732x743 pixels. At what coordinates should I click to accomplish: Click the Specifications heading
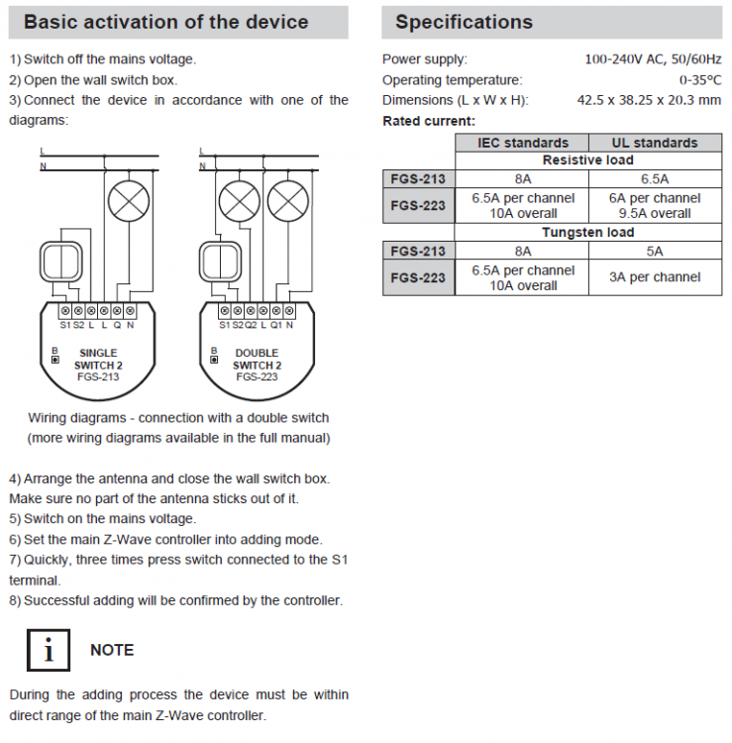point(464,22)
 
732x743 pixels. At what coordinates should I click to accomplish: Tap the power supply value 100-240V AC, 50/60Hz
point(653,59)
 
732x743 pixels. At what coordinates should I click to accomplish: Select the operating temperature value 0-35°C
point(699,79)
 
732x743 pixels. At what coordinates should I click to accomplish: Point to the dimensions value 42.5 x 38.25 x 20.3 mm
point(649,100)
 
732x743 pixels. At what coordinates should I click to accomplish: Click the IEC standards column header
point(523,143)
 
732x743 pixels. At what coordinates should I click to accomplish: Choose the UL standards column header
point(655,143)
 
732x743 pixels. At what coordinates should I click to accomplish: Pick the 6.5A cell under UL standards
point(655,179)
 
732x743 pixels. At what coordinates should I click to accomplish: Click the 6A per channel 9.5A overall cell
point(655,206)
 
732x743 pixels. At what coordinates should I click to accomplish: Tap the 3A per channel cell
point(655,277)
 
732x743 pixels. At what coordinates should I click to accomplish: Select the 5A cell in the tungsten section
point(655,252)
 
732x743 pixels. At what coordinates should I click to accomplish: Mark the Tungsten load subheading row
point(587,233)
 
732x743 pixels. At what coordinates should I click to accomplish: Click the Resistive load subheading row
point(587,160)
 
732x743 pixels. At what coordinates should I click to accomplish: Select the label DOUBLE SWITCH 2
point(257,359)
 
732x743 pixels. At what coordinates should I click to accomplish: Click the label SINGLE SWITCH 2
point(98,359)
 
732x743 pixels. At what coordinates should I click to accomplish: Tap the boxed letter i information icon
point(44,651)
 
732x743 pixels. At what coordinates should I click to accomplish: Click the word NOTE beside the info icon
point(112,651)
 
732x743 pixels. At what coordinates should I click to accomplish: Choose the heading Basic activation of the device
point(165,22)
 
